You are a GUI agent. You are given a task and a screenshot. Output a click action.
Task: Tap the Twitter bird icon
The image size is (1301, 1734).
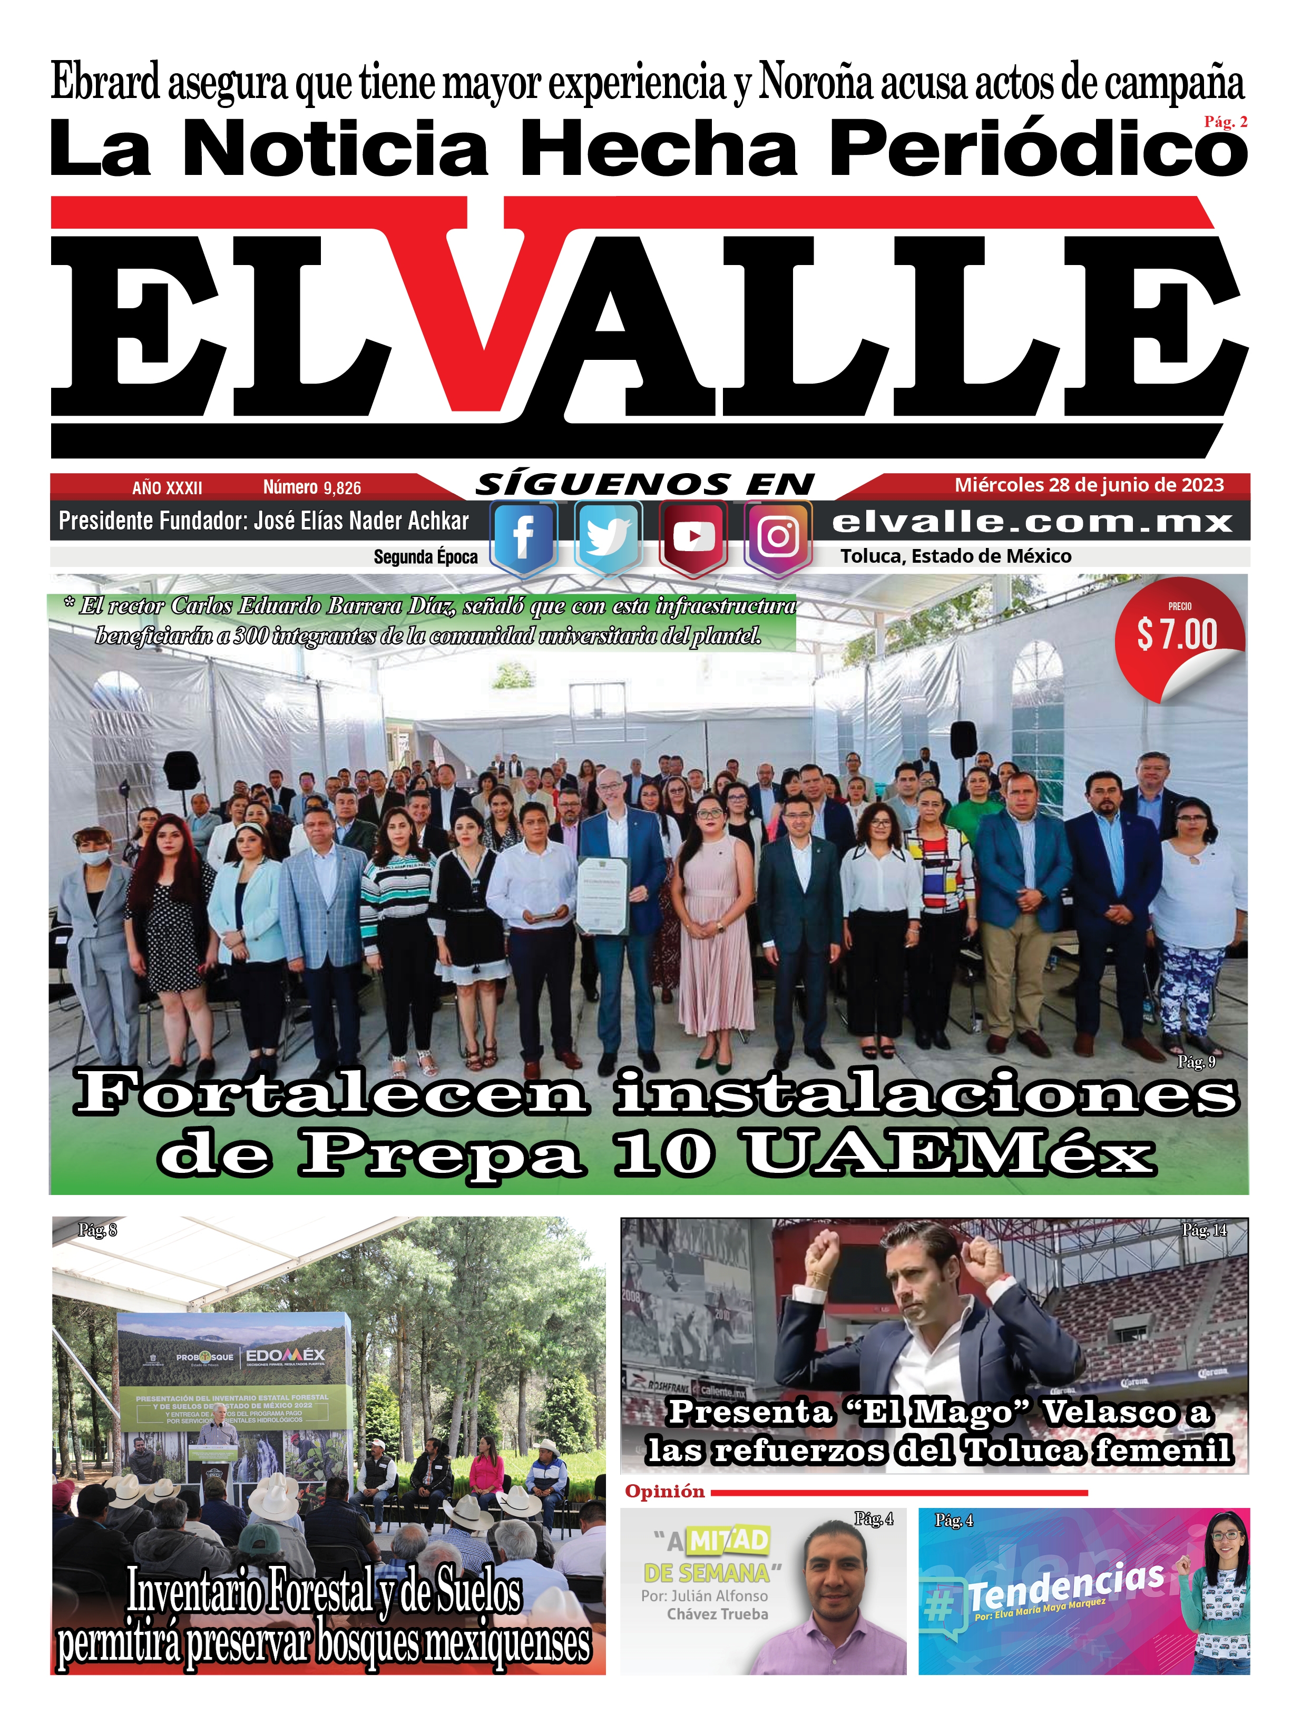point(608,538)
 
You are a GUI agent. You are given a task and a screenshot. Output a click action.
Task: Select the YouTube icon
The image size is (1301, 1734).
point(693,538)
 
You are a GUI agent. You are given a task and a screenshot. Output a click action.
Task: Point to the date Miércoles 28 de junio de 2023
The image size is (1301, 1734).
point(1089,485)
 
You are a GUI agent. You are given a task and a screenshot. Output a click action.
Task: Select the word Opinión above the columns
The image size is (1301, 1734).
point(664,1491)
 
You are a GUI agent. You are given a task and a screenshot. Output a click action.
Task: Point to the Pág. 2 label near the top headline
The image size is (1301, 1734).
point(1226,122)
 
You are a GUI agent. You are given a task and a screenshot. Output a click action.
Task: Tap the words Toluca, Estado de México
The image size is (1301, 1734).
point(955,556)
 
